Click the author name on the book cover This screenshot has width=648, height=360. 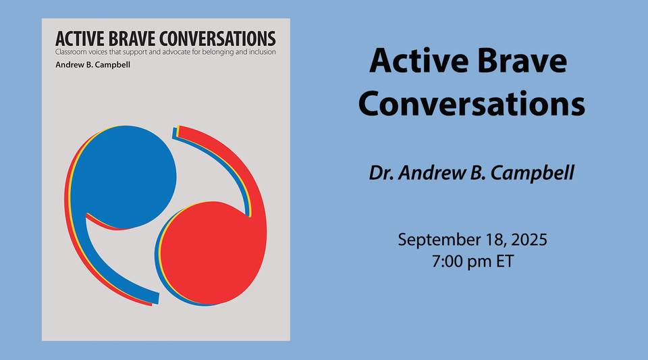[92, 65]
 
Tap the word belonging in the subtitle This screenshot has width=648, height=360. [213, 51]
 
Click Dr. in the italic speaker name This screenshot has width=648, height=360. [382, 173]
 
